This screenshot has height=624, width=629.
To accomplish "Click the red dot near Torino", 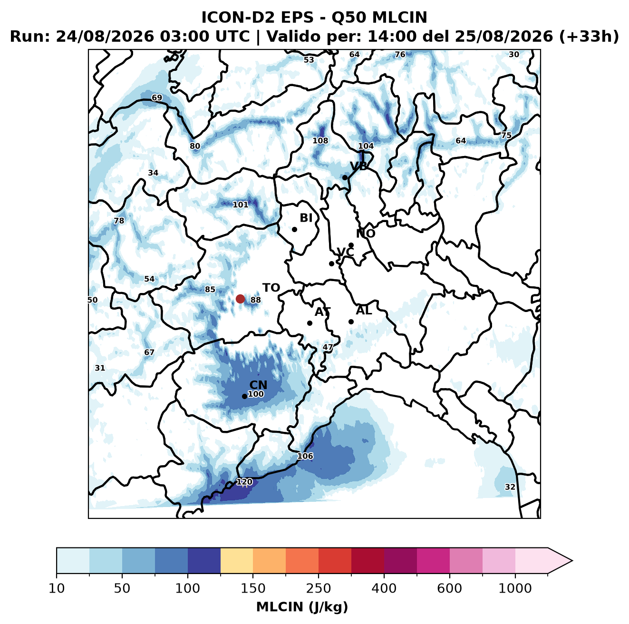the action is tap(240, 299).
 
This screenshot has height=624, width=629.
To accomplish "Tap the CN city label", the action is tap(258, 385).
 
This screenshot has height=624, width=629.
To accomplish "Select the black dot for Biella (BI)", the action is tap(294, 229).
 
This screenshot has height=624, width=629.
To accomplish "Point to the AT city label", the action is tap(322, 312).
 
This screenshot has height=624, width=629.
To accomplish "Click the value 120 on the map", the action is tap(244, 482).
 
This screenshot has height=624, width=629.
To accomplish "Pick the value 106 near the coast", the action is tap(305, 456).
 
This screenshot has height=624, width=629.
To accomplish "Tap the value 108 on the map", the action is tap(320, 140).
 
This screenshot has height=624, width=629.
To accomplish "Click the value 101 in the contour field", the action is tap(241, 205).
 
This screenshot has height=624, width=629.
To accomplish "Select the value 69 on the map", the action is tap(157, 97).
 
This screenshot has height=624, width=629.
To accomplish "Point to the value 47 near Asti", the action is tap(328, 347).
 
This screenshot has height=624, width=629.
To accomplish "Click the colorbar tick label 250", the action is tap(319, 588).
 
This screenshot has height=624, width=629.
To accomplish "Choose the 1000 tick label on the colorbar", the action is tap(515, 588).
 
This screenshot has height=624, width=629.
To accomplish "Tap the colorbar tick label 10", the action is tap(57, 588).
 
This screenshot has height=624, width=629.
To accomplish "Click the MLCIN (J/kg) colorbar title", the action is tap(302, 607).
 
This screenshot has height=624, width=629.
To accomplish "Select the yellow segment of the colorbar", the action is tap(237, 560).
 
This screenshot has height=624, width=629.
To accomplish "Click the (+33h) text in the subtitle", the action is tap(589, 36).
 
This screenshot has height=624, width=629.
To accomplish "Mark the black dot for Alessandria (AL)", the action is tap(351, 322).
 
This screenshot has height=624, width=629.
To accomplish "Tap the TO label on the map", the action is tap(271, 288).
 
